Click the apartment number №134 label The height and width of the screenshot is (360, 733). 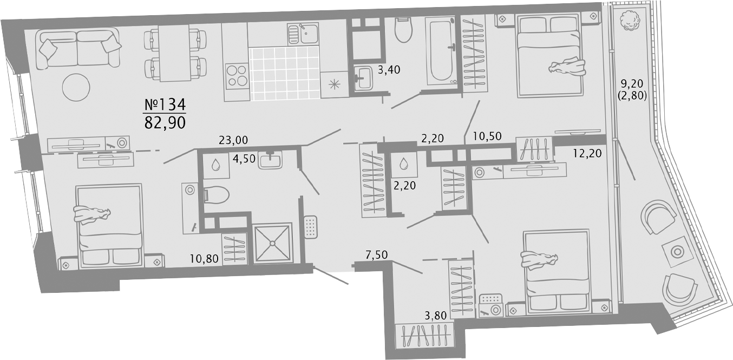tap(165, 104)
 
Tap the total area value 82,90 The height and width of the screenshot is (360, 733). tap(165, 122)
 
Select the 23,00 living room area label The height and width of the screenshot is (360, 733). tap(233, 140)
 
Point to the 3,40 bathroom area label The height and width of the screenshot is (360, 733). tap(389, 70)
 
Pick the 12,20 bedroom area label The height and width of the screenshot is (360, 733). tap(587, 153)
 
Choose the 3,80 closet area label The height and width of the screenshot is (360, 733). tap(436, 316)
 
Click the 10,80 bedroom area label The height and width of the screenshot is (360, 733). tap(204, 259)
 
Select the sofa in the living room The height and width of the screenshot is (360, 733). tap(78, 48)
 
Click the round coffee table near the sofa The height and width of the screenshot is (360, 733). tap(76, 87)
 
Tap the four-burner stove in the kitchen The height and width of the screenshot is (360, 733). tap(237, 75)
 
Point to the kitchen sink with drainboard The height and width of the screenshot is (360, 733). tap(303, 34)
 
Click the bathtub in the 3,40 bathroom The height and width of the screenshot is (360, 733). tap(441, 51)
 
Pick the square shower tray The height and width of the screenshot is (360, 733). tap(272, 243)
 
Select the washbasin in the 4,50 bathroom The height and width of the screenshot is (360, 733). tap(270, 160)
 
